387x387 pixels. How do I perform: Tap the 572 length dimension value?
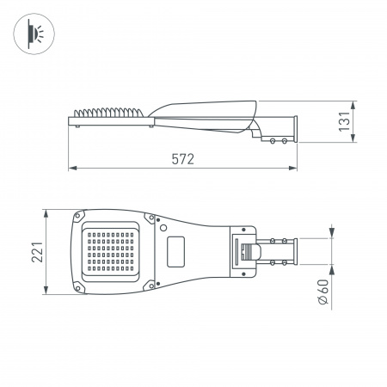tap(181, 158)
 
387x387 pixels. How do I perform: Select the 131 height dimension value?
tap(344, 123)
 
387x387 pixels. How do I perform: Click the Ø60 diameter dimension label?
tap(322, 292)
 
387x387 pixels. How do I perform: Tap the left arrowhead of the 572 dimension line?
tap(71, 167)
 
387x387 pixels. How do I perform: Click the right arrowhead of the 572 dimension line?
tap(294, 167)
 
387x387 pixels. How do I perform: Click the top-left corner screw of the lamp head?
tap(82, 216)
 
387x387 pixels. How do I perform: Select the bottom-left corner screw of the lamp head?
tap(82, 286)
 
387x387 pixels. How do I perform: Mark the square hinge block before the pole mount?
tap(244, 251)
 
